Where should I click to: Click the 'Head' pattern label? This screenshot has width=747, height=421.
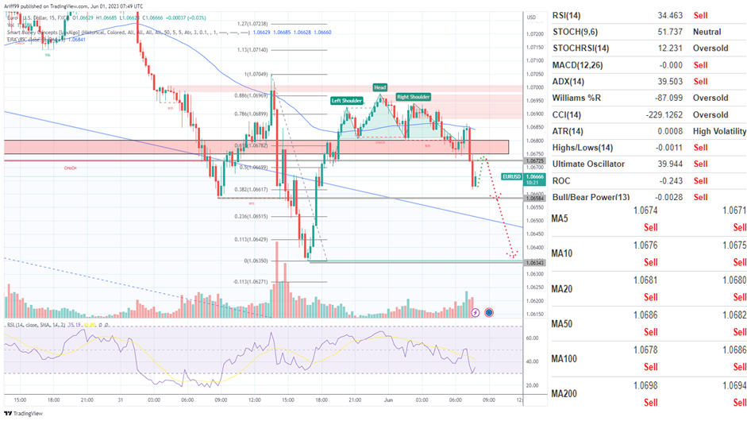380,87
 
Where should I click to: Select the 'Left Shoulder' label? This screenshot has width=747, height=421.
347,101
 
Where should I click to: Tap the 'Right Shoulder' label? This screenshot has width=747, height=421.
414,97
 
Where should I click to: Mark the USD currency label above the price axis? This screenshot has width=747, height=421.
530,17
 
